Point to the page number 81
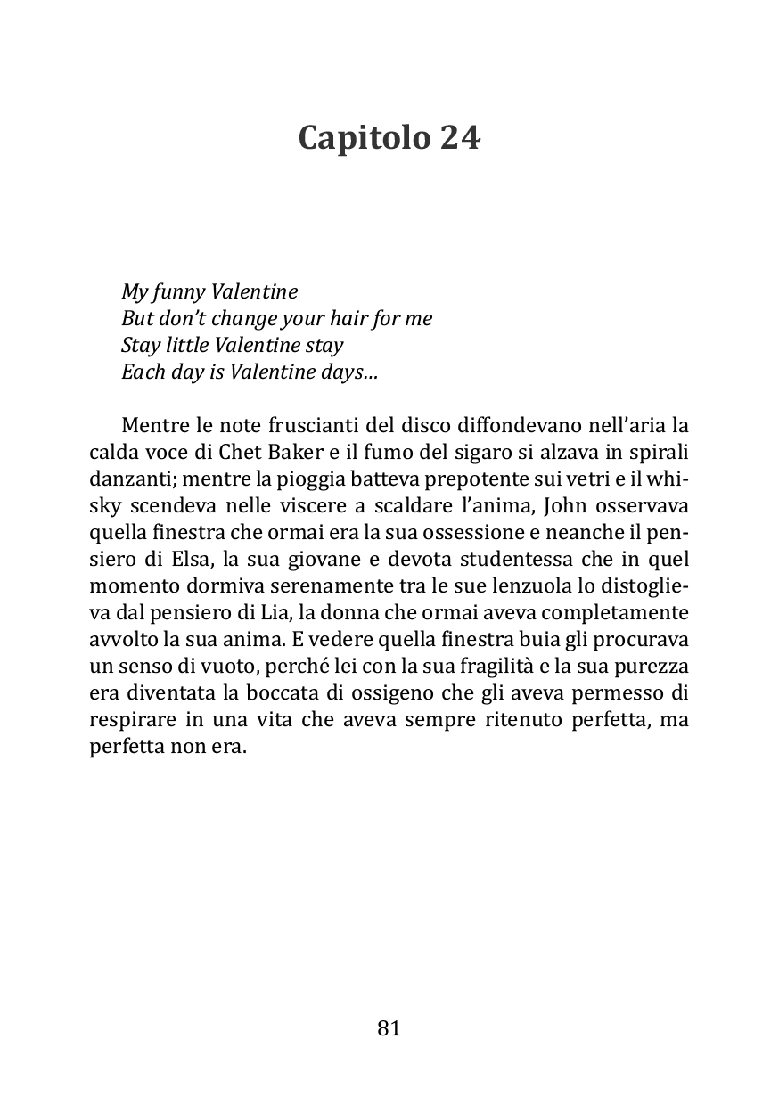pos(389,1028)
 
